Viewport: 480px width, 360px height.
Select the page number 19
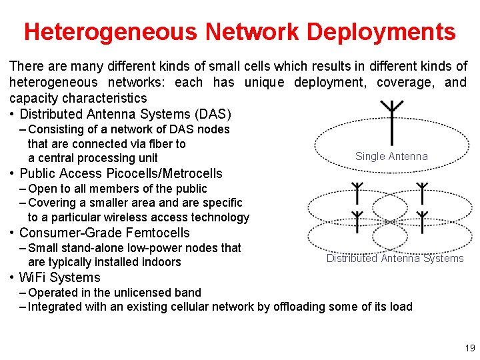(x=470, y=348)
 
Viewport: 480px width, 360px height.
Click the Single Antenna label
(x=391, y=157)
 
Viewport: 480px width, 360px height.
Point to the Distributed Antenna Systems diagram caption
(x=395, y=259)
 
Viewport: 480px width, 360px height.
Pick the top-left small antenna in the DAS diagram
(x=358, y=193)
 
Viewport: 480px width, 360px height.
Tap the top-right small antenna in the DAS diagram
(x=421, y=193)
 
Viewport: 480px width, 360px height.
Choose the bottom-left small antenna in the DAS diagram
(x=358, y=221)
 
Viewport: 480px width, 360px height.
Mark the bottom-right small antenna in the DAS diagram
(x=421, y=221)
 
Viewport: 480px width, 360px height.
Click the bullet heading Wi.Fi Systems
(x=59, y=278)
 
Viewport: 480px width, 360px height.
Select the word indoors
(x=161, y=262)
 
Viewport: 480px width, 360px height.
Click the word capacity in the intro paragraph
(x=32, y=99)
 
